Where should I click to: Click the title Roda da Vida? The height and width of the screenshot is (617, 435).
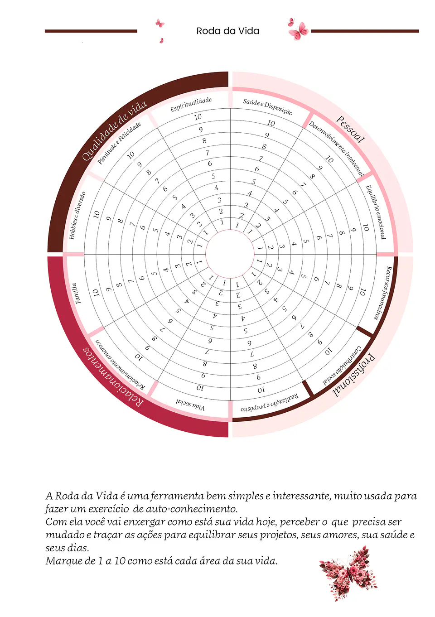click(x=227, y=31)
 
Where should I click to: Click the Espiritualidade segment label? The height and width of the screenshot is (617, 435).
click(x=191, y=105)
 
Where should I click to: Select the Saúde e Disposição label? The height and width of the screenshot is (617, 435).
click(x=267, y=106)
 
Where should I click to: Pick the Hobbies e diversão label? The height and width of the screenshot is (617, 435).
click(x=77, y=215)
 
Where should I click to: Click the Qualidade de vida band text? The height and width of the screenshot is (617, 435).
click(x=114, y=130)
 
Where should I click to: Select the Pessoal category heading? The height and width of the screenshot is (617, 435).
click(x=350, y=129)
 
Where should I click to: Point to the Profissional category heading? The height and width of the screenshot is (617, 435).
click(x=354, y=376)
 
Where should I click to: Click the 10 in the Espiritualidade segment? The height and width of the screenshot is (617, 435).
click(x=198, y=117)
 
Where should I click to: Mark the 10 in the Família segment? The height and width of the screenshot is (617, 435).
click(x=96, y=293)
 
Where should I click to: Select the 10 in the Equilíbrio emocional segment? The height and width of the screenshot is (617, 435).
click(x=366, y=227)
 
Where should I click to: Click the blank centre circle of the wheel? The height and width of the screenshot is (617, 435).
click(x=230, y=254)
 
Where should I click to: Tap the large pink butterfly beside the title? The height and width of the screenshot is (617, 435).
click(x=298, y=30)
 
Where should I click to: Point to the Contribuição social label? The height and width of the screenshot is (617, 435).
click(x=342, y=365)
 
